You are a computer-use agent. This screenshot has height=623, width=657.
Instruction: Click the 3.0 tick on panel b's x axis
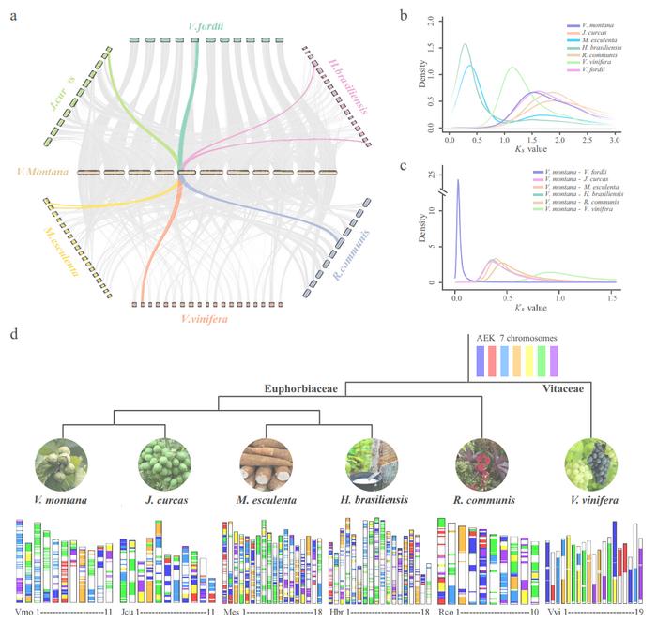[614, 139]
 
